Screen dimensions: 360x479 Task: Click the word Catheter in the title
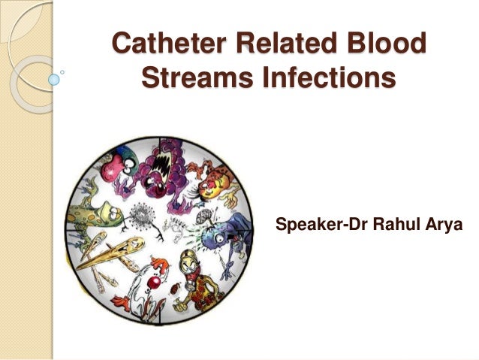point(167,44)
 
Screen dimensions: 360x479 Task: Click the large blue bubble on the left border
point(53,77)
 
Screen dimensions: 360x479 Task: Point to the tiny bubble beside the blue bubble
point(63,72)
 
